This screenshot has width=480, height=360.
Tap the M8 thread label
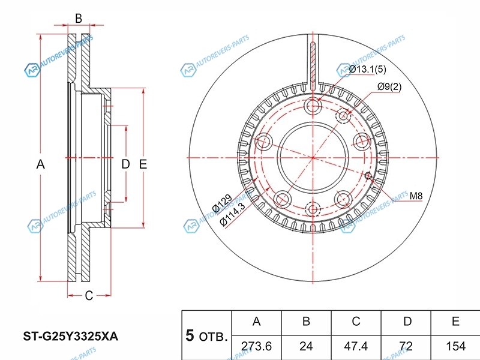(x=416, y=195)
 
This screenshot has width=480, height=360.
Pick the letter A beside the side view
(x=41, y=164)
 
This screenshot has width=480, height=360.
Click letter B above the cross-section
(x=78, y=18)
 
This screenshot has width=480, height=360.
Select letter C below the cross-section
(x=88, y=295)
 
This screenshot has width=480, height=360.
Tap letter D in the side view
(x=125, y=164)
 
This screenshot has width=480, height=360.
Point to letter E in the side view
(x=143, y=164)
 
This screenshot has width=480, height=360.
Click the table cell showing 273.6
(x=256, y=346)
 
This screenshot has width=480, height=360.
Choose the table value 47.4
(x=356, y=346)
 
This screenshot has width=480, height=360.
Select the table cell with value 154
(x=455, y=346)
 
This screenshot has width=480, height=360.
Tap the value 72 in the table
(x=407, y=346)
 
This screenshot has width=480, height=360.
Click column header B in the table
(x=306, y=322)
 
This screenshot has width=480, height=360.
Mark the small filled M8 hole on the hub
(x=368, y=175)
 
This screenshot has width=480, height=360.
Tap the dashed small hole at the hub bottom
(x=312, y=209)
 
